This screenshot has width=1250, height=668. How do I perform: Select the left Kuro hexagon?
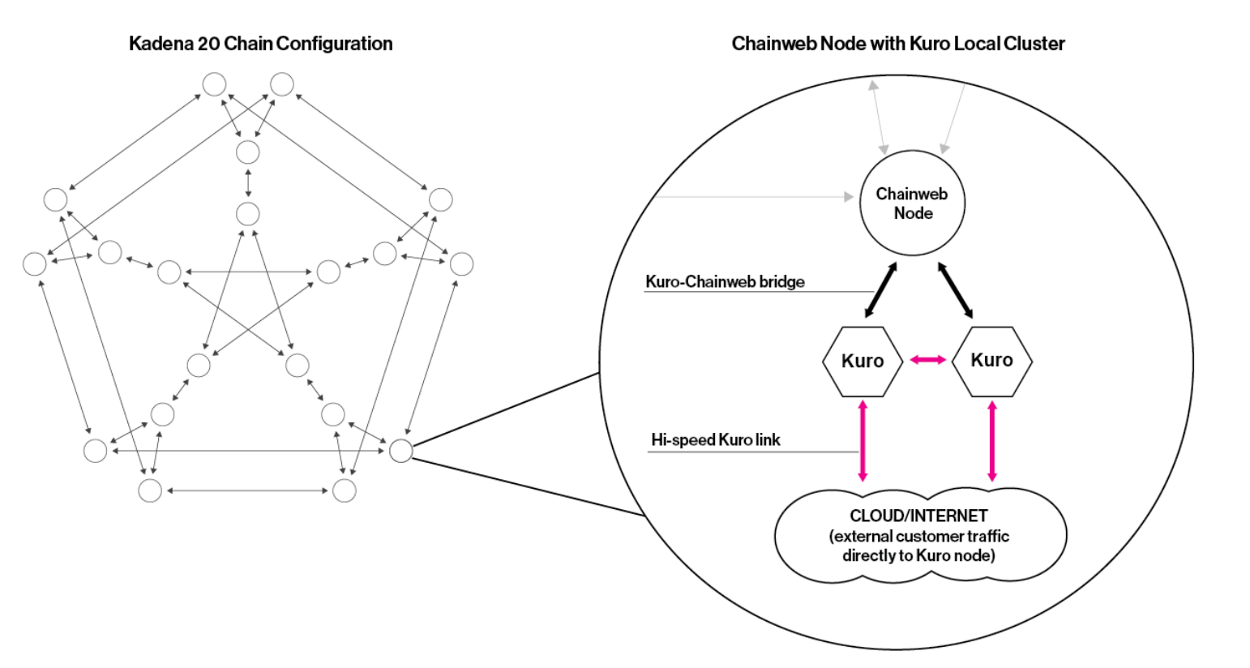[863, 362]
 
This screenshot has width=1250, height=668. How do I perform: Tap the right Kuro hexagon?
[991, 361]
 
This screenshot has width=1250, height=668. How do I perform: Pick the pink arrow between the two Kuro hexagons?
[927, 359]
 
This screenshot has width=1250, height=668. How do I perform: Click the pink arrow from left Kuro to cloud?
[863, 439]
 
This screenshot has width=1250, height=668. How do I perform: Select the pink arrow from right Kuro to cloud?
[991, 439]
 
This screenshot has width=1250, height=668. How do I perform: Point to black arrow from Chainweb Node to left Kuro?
[880, 289]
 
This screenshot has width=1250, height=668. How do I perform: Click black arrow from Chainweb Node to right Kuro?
[955, 289]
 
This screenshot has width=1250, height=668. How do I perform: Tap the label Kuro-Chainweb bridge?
[725, 282]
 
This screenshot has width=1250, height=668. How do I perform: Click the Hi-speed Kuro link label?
[715, 440]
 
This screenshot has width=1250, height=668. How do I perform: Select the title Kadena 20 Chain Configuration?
[260, 44]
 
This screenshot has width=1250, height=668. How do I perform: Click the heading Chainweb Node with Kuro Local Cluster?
[897, 44]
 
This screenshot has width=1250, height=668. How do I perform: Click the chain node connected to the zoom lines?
[401, 451]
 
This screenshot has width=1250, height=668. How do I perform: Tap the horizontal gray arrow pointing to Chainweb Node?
[754, 196]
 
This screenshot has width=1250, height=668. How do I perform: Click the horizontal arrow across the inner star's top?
[248, 272]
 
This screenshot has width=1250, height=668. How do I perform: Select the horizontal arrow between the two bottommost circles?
[247, 490]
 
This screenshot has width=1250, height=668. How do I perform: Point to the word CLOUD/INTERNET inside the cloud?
[918, 516]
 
